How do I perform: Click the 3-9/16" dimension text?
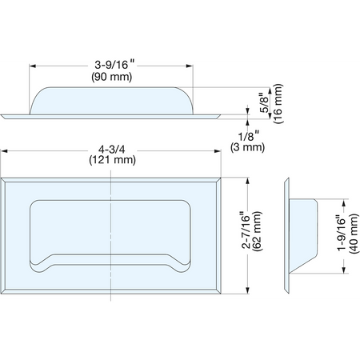pos(114,65)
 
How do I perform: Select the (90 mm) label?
pos(112,77)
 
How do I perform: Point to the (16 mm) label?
pos(278,103)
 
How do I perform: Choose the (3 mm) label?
pos(248,147)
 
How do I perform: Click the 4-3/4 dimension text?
pos(112,150)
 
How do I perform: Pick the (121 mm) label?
pos(112,160)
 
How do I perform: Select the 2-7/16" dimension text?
pos(246,230)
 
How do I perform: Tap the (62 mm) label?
pos(258,231)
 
